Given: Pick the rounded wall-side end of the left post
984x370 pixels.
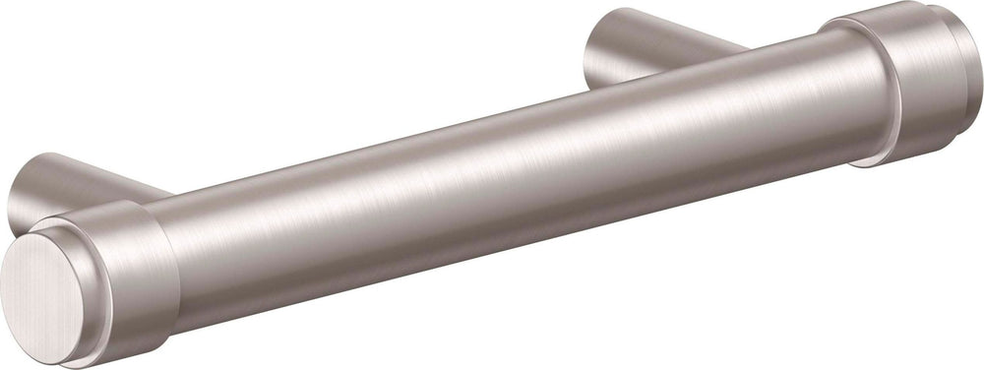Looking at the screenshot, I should coord(25,192).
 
